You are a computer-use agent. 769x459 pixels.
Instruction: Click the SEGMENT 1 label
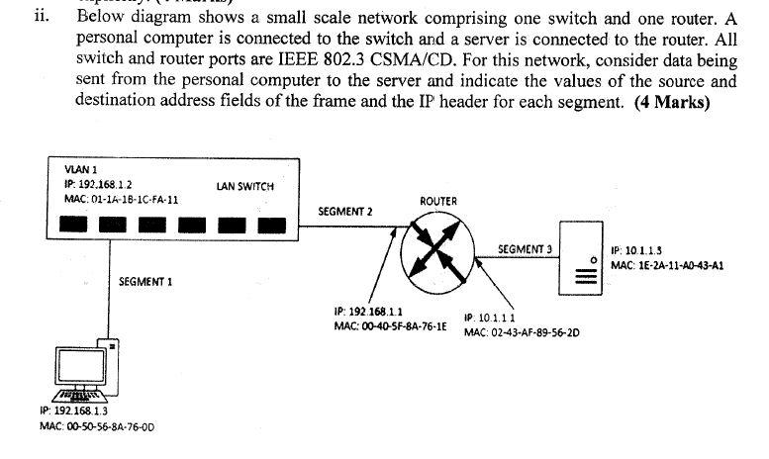coord(145,282)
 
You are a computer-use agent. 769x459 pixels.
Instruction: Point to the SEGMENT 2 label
coord(345,211)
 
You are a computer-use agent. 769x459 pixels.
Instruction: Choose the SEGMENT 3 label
coord(525,249)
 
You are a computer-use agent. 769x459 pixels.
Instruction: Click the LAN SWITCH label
coord(243,186)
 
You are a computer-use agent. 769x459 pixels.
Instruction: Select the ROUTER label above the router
coord(438,201)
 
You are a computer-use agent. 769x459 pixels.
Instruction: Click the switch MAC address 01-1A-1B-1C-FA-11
coord(122,199)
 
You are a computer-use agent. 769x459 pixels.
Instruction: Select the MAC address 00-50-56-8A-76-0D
coord(99,426)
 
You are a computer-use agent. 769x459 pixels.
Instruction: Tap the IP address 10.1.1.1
coord(489,318)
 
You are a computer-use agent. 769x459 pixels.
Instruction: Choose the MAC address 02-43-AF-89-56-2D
coord(522,332)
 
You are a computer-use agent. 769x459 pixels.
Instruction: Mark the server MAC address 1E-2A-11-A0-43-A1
coord(667,265)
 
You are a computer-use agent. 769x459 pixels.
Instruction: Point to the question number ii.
coord(39,17)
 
